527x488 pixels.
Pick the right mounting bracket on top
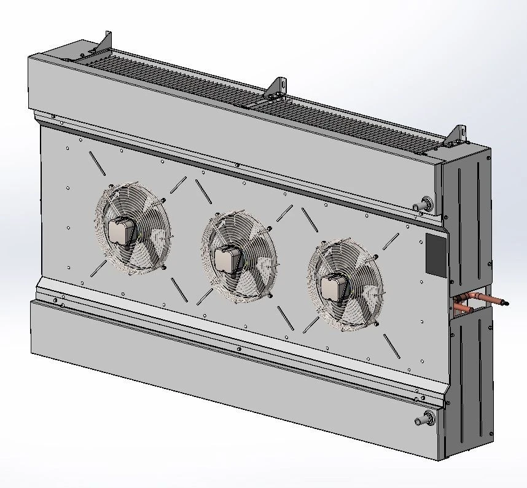click(457, 135)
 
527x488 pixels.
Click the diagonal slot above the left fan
click(97, 162)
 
